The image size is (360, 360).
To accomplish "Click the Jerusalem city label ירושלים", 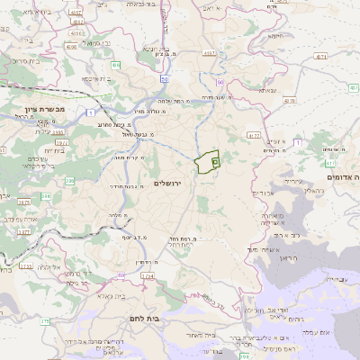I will point(168,184).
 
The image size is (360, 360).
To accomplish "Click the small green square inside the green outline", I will point(214,159).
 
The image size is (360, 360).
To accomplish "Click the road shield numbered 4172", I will point(253,135).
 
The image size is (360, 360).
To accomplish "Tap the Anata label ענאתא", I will point(269,90).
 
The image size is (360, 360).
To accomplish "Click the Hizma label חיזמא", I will point(277,37).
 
